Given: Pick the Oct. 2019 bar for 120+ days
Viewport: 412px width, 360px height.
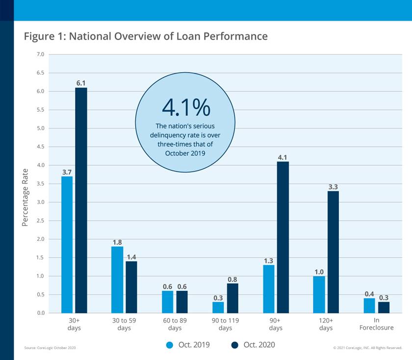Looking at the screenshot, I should (319, 294).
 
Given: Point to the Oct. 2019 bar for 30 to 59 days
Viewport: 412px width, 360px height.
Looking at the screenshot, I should (117, 280).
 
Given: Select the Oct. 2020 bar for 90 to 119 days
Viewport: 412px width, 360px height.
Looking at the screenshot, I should (232, 298).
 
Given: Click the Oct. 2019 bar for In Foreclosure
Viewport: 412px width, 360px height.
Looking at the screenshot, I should (369, 306).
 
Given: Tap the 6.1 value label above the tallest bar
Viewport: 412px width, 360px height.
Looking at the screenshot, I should (81, 83).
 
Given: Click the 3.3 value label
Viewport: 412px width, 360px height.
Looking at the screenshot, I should (333, 186).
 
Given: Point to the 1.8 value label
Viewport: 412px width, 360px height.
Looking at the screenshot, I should (117, 242).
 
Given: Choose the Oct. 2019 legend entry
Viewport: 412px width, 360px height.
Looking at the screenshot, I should (188, 345).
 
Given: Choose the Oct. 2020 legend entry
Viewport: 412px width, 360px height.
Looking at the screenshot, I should (253, 345).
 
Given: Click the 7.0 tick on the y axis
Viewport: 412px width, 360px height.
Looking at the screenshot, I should (40, 54).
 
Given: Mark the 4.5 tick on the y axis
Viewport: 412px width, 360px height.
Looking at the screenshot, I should (40, 147).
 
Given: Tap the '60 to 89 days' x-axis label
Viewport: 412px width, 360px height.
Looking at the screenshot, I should (175, 324).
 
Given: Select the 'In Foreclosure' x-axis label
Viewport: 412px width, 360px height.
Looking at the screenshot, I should (376, 324).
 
